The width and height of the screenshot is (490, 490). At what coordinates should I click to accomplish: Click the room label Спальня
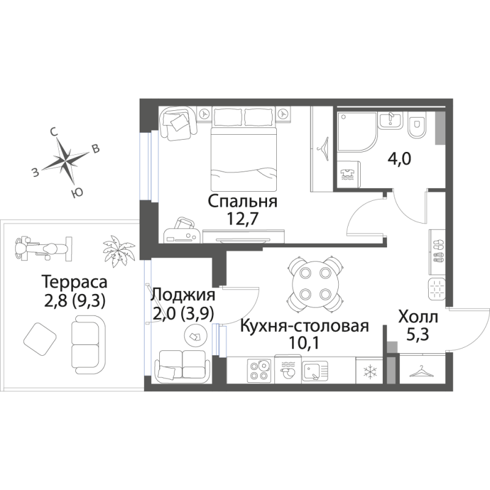point(243,202)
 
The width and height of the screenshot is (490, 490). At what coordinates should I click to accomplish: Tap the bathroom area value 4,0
point(399,159)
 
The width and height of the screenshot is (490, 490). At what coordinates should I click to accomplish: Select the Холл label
point(418,317)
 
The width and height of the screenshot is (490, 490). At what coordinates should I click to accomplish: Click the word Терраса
point(74,282)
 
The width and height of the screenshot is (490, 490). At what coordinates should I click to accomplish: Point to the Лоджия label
point(183,295)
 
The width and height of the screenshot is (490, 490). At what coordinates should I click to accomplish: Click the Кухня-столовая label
point(304,326)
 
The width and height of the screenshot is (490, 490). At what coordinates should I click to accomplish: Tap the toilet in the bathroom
point(417,127)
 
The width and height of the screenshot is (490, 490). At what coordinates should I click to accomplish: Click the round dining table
point(315,284)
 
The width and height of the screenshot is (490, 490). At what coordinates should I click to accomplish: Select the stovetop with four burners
point(259,371)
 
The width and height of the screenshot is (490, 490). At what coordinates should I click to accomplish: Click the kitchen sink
point(315,371)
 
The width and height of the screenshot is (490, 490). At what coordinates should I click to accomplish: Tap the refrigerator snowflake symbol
point(369,372)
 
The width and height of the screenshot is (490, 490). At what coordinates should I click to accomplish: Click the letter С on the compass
point(54,132)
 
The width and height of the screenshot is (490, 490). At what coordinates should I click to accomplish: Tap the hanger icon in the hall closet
point(422,371)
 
